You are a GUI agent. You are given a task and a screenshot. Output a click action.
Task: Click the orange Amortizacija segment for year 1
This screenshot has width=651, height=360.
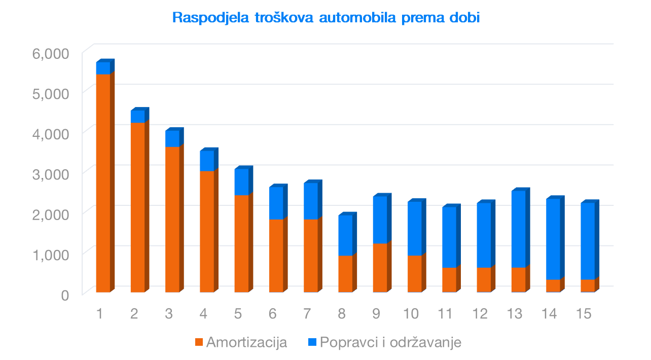[x=103, y=183]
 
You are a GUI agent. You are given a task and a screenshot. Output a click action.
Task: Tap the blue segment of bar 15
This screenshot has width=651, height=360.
[x=588, y=241]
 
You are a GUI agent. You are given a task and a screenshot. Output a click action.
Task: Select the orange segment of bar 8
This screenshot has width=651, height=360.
[x=345, y=274]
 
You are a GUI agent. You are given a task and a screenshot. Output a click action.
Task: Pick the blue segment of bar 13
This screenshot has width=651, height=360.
[x=518, y=229]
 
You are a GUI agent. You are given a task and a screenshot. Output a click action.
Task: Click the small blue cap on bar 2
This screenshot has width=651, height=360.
[x=137, y=117]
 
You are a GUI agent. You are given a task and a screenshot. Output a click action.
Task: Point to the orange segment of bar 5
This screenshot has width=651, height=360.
[x=241, y=243]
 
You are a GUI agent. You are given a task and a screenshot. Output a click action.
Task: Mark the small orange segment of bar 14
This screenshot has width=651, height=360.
[x=553, y=286]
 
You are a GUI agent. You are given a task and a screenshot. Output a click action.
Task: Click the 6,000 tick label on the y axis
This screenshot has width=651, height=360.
[x=50, y=53]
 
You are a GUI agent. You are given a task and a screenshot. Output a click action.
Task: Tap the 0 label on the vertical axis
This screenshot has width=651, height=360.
[x=65, y=295]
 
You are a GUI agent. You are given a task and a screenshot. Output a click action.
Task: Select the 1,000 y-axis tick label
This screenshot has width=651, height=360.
[x=50, y=254]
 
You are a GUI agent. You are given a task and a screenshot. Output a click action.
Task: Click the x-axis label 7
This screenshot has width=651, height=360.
[x=307, y=314]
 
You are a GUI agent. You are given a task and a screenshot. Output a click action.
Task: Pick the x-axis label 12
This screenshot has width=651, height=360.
[x=480, y=314]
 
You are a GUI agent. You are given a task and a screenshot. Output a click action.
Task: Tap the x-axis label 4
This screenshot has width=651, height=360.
[x=203, y=314]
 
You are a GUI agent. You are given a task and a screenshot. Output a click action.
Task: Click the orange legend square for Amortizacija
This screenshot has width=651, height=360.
[x=198, y=342]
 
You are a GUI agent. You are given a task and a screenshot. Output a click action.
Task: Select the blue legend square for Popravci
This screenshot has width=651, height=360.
[x=312, y=342]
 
